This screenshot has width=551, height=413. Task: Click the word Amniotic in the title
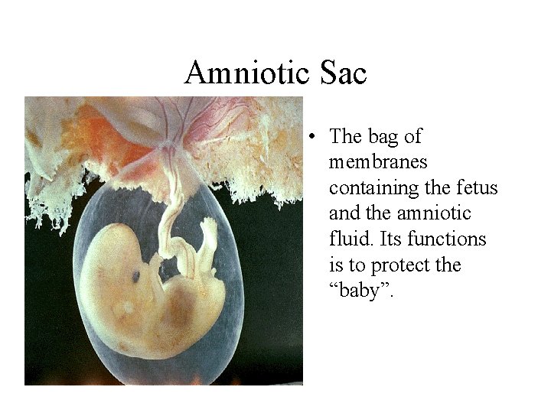(x=244, y=73)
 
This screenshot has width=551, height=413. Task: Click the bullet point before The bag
(x=313, y=138)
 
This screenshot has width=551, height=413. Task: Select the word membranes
(x=378, y=162)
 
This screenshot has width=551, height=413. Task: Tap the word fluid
(x=347, y=239)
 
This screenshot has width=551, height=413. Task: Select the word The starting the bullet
(x=344, y=137)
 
